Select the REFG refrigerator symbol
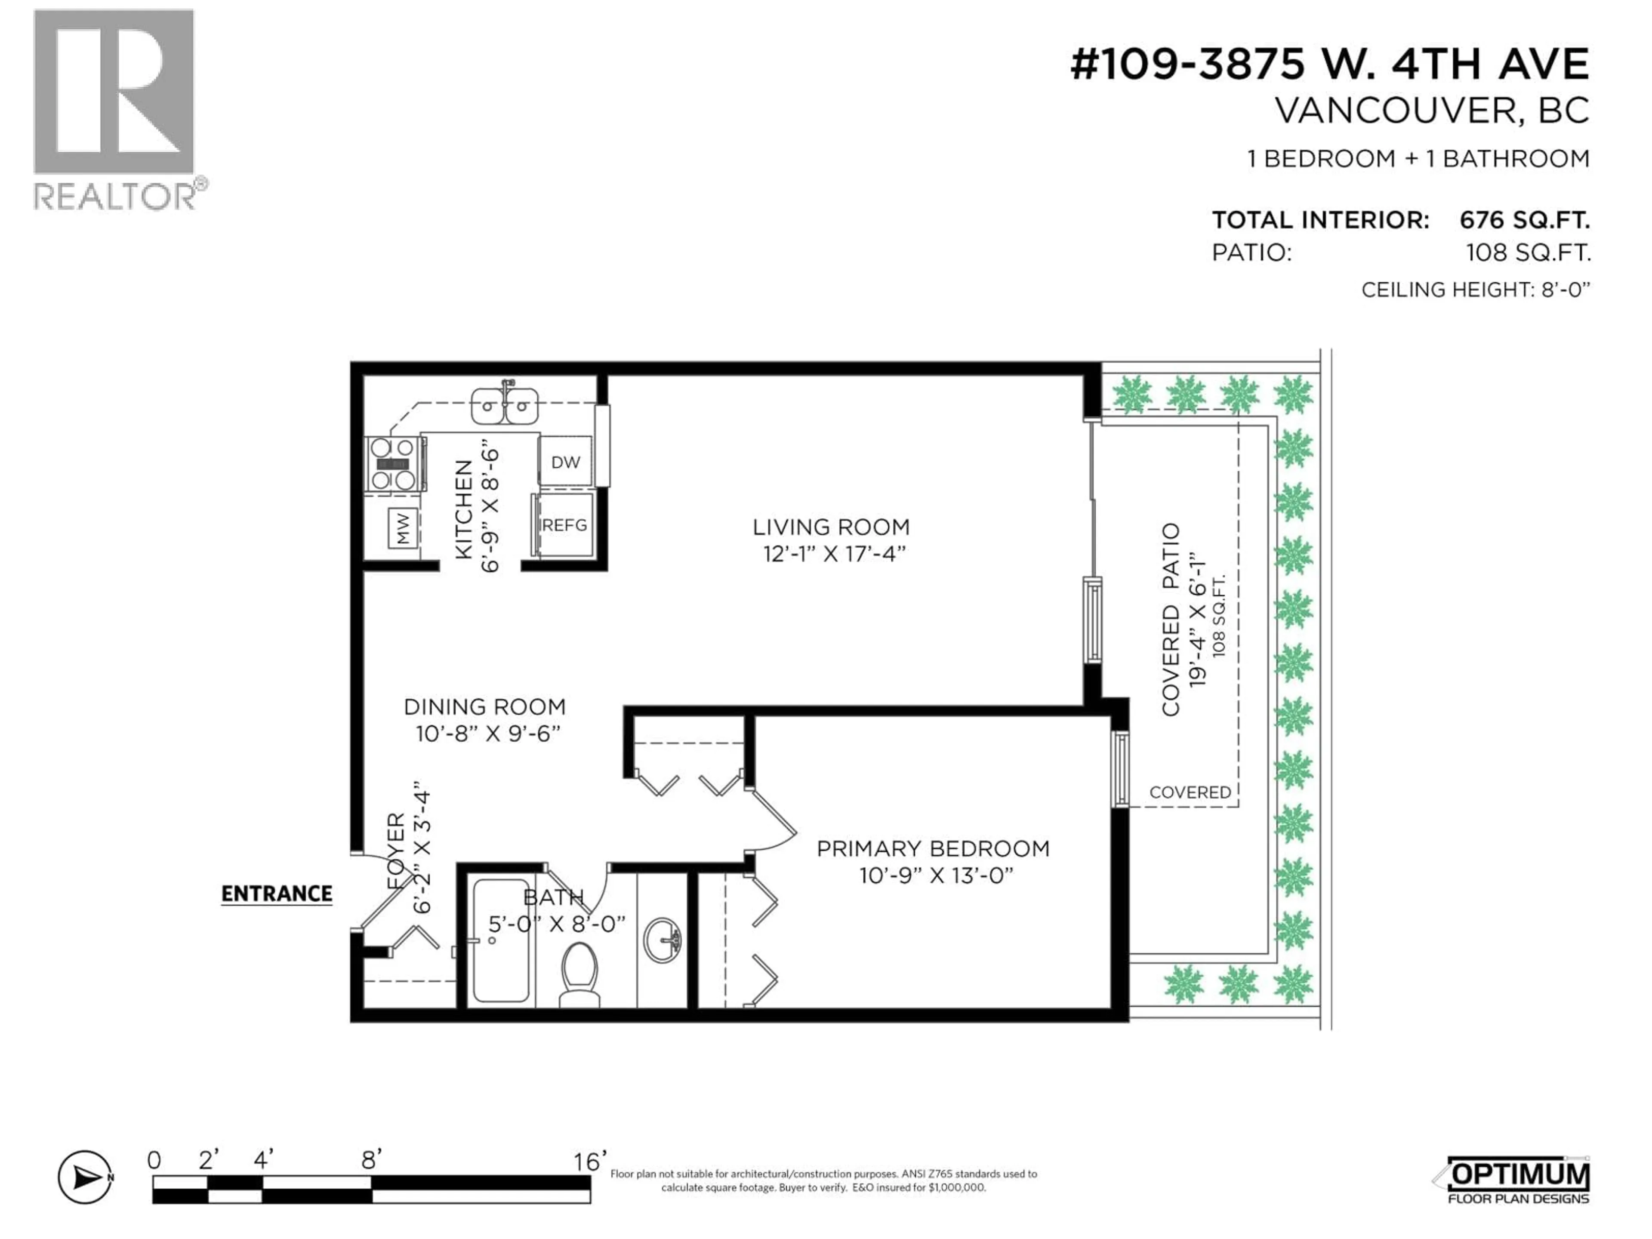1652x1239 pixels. (x=564, y=525)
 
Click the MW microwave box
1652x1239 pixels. (x=403, y=528)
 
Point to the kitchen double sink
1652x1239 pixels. (x=505, y=406)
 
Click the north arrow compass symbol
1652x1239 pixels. (x=85, y=1178)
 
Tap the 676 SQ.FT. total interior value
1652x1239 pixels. (x=1524, y=220)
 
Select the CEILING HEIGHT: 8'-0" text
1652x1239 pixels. (x=1475, y=290)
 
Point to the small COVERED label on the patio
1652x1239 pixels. (x=1190, y=792)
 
